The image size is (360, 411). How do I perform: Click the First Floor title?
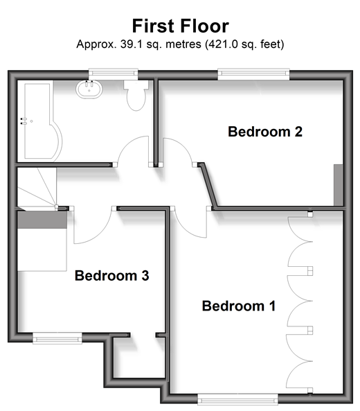click(181, 26)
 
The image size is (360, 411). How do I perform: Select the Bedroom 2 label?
click(265, 132)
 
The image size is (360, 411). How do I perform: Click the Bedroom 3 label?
click(111, 275)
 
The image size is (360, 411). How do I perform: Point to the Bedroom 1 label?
click(239, 306)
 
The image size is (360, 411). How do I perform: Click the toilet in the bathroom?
click(136, 95)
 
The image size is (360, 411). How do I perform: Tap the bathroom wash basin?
click(89, 89)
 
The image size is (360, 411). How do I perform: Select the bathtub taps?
click(24, 121)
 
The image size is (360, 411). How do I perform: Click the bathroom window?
click(113, 74)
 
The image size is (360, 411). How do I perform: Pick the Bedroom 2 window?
click(253, 74)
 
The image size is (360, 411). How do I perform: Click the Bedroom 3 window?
click(57, 338)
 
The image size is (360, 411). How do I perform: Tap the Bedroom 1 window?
click(237, 399)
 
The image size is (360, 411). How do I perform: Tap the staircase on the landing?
click(37, 187)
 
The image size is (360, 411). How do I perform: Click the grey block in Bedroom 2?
click(339, 185)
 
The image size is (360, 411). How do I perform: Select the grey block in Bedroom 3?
click(42, 220)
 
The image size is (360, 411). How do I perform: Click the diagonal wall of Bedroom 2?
click(208, 185)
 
